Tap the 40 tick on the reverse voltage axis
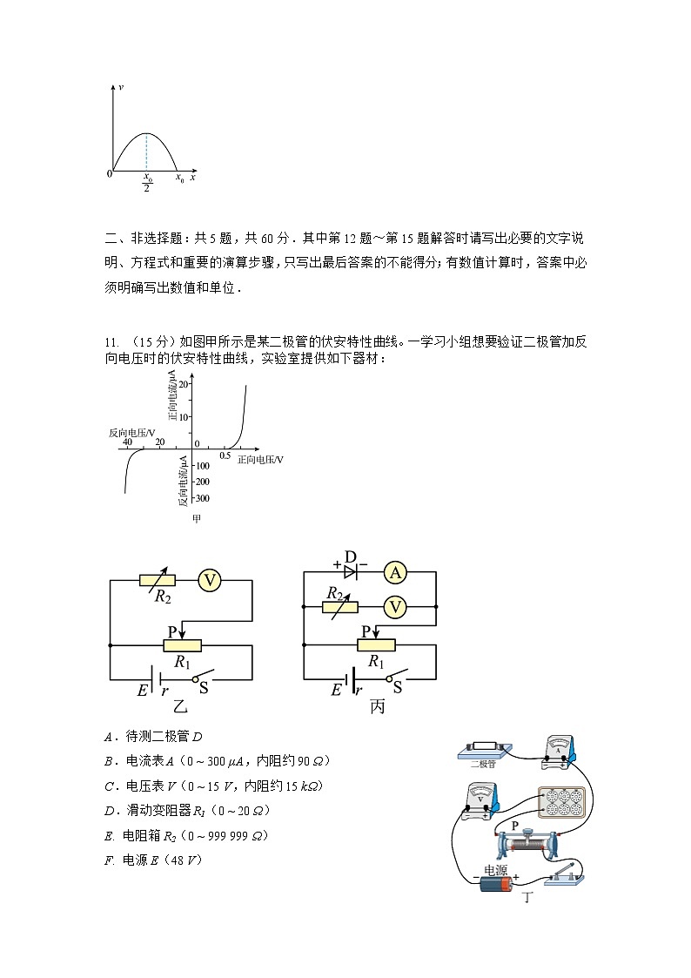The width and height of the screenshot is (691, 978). pos(127,442)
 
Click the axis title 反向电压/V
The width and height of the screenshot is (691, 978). pos(132,432)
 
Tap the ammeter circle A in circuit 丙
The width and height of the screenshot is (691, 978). pos(396,572)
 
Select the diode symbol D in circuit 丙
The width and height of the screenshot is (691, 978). pos(351,571)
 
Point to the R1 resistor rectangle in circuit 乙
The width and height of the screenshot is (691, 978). pos(182,645)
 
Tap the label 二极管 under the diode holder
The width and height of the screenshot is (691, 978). pos(482,765)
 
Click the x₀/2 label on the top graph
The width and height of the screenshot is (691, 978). pos(147,182)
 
